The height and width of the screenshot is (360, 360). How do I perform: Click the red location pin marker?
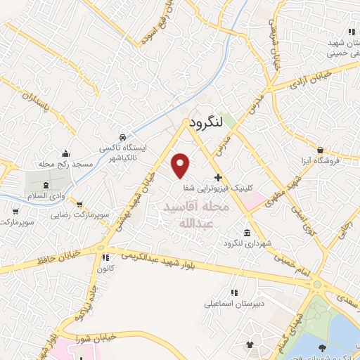[x=181, y=165]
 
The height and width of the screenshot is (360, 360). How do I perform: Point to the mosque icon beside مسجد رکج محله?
[x=66, y=153]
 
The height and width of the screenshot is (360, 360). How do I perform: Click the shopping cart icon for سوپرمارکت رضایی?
[x=79, y=205]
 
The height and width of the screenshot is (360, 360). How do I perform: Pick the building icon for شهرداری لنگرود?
[x=247, y=233]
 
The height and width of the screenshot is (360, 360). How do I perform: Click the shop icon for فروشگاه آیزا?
[x=320, y=150]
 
